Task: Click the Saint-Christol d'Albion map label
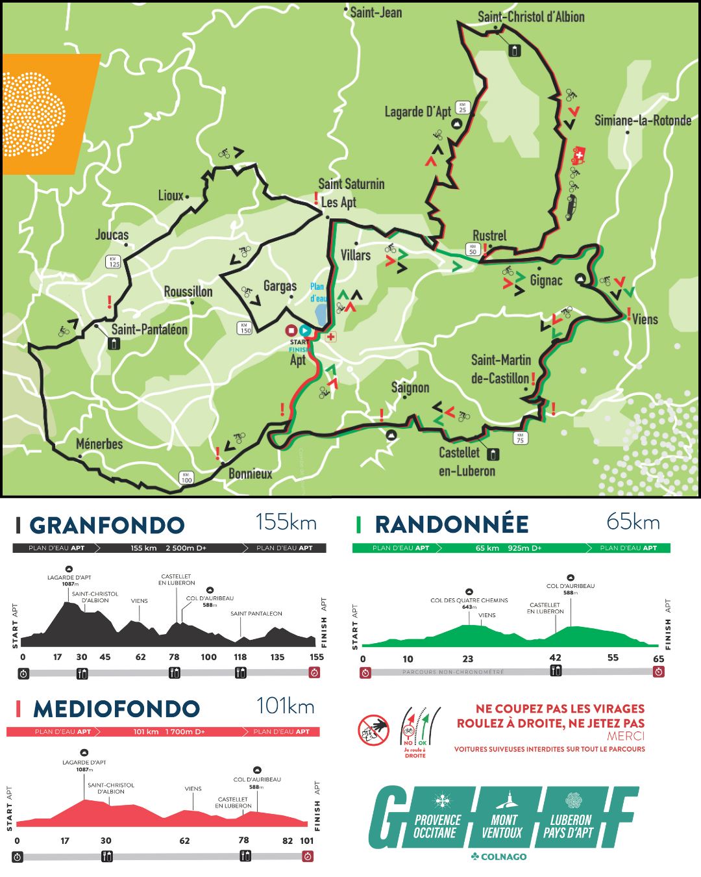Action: (530, 17)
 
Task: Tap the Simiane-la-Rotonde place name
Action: (643, 120)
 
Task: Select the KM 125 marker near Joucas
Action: (114, 262)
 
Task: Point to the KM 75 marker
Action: (519, 438)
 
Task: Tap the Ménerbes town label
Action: (99, 444)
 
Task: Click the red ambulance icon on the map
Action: (578, 155)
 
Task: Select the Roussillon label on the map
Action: (188, 292)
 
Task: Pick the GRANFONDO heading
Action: (107, 525)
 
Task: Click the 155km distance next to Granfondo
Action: (286, 522)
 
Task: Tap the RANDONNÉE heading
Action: (451, 524)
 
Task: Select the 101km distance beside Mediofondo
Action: (285, 706)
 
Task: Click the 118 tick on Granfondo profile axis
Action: (240, 657)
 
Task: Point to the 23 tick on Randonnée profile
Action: (467, 659)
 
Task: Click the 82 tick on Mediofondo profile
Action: (288, 841)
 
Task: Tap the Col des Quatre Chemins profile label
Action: (469, 600)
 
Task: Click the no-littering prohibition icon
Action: (373, 730)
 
